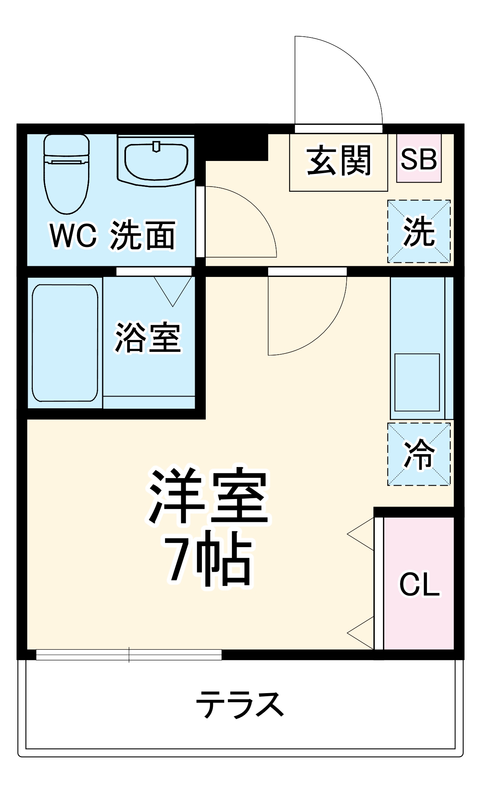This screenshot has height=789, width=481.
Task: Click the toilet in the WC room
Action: pos(66,174)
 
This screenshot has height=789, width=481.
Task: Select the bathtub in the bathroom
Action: pos(65,343)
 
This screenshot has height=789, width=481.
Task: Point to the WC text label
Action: pos(73,236)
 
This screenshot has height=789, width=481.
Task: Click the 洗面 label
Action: pos(143,236)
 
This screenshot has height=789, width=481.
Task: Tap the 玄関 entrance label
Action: pos(338,161)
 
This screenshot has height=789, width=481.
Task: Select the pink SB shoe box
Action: pos(419,159)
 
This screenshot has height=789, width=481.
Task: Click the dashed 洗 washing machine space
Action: pos(419,232)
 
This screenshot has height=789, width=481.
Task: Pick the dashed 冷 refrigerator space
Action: pos(419,454)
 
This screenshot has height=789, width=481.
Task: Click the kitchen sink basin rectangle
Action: pos(417,382)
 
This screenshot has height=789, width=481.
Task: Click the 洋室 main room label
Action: pos(209,496)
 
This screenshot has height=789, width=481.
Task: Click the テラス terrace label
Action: pos(240,704)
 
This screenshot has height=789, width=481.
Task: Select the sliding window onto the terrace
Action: pos(129,655)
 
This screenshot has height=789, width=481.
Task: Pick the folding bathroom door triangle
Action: pos(173,290)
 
